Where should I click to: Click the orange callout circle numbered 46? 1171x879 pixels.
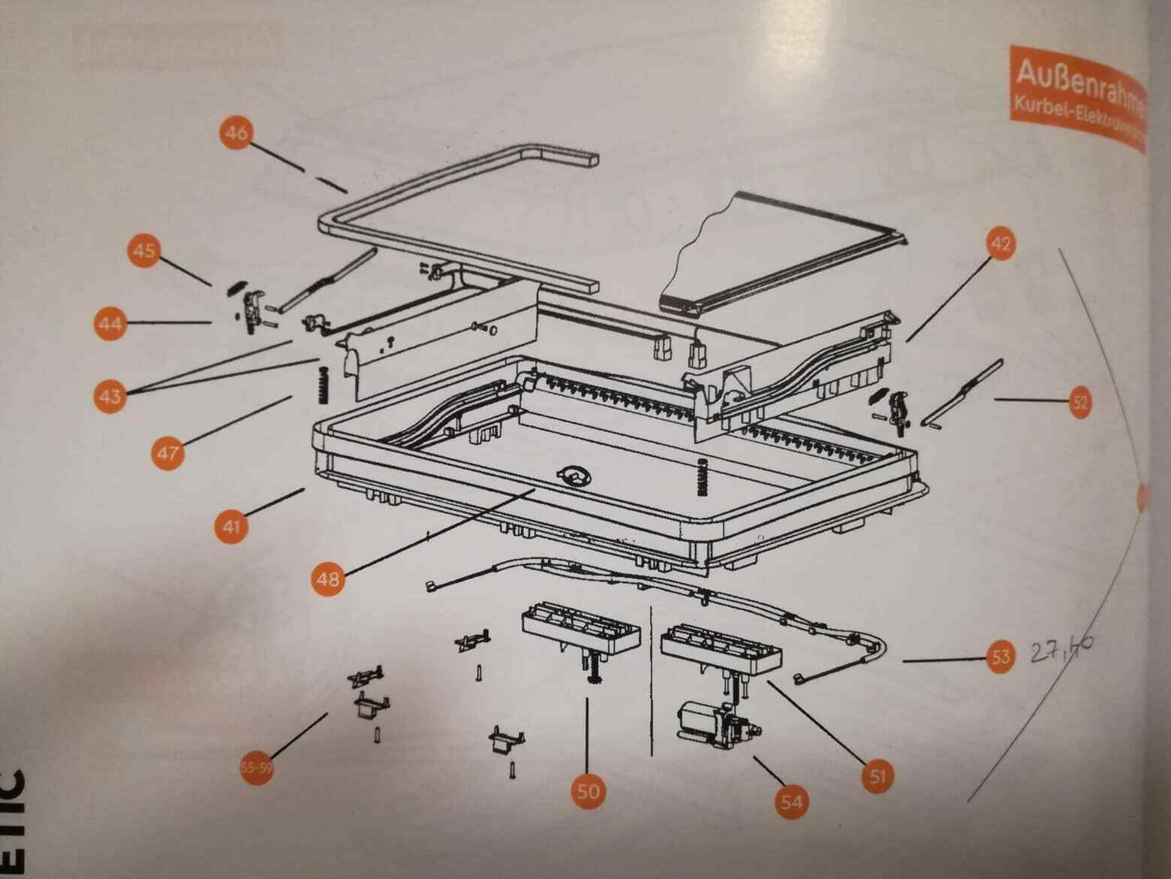236,133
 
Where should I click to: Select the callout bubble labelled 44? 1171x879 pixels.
110,324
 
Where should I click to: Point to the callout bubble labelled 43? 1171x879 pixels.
110,394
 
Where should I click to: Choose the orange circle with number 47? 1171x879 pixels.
167,452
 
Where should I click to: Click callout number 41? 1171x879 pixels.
230,524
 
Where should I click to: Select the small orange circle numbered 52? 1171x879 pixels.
1079,403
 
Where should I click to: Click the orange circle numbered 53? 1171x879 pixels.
1001,658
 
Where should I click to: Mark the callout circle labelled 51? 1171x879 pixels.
877,776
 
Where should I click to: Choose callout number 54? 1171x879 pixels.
791,801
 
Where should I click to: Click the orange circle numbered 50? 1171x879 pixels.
589,790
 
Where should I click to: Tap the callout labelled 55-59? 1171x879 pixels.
255,768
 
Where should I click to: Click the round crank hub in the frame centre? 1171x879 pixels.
574,475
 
